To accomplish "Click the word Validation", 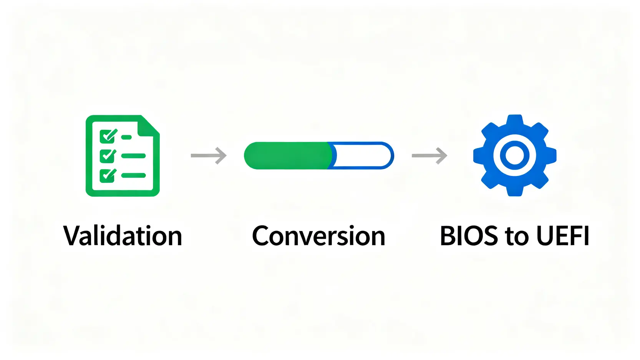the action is pyautogui.click(x=123, y=236).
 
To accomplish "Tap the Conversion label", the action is pyautogui.click(x=318, y=236).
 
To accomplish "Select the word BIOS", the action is pyautogui.click(x=469, y=236).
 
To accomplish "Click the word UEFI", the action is pyautogui.click(x=562, y=236).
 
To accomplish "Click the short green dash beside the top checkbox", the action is pyautogui.click(x=126, y=138).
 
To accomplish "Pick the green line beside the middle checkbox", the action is pyautogui.click(x=133, y=156).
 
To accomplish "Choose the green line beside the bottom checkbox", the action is pyautogui.click(x=133, y=176).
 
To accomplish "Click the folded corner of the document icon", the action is pyautogui.click(x=148, y=126).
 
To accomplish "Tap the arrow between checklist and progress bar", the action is pyautogui.click(x=209, y=156).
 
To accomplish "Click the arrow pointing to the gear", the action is pyautogui.click(x=429, y=156).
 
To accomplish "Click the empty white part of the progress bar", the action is pyautogui.click(x=362, y=156).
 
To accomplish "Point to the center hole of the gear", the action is pyautogui.click(x=514, y=156).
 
